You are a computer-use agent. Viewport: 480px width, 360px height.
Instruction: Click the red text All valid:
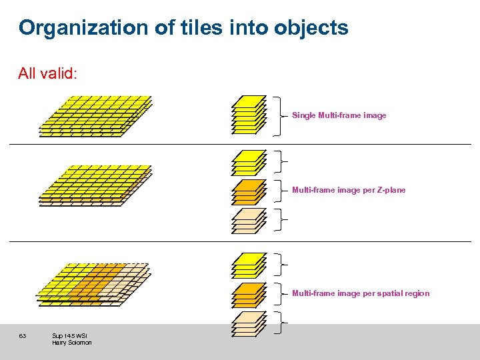point(47,73)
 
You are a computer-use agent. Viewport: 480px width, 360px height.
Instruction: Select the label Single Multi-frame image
point(339,115)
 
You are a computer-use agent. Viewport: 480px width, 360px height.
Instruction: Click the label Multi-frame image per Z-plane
point(348,190)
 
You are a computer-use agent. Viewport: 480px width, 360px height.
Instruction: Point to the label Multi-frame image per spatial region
point(361,293)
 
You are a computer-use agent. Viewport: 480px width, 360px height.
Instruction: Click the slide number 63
point(23,335)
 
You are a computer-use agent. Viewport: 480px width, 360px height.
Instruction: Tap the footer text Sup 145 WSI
point(69,335)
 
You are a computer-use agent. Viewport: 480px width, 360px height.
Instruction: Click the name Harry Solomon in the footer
point(72,343)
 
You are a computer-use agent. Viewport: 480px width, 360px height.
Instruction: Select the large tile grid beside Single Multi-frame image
point(96,115)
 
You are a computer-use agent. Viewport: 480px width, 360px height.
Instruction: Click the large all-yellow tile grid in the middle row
point(96,185)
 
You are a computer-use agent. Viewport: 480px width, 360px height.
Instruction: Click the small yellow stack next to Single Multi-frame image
point(249,115)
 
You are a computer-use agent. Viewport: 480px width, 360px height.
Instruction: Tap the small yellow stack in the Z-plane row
point(249,162)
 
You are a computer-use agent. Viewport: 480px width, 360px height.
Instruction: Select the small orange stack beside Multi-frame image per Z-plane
point(249,191)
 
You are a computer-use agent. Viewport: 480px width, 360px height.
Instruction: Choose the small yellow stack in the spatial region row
point(249,265)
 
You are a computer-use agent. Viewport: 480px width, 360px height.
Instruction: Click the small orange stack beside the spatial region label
point(249,294)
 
